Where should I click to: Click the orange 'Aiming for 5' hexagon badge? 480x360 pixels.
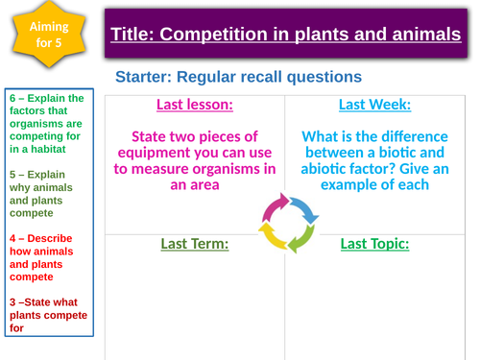(45, 40)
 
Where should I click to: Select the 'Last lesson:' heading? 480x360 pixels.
(196, 105)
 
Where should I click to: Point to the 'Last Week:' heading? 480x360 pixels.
(375, 105)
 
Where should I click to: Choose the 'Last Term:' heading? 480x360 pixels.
(196, 244)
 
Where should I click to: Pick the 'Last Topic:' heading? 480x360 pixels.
(375, 244)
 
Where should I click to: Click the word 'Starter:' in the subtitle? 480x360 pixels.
(146, 76)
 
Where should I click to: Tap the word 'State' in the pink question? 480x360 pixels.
(152, 136)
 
